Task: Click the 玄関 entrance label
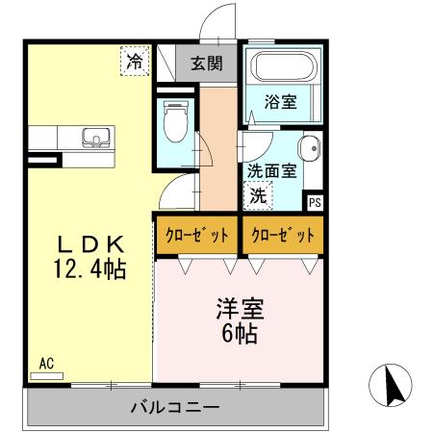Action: click(205, 64)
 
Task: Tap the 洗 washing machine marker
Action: click(259, 193)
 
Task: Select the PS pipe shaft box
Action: click(314, 202)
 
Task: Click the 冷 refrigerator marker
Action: click(135, 61)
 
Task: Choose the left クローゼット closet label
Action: click(197, 236)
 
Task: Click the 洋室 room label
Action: click(239, 310)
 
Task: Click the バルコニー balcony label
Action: click(174, 407)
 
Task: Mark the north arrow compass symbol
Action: click(393, 386)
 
